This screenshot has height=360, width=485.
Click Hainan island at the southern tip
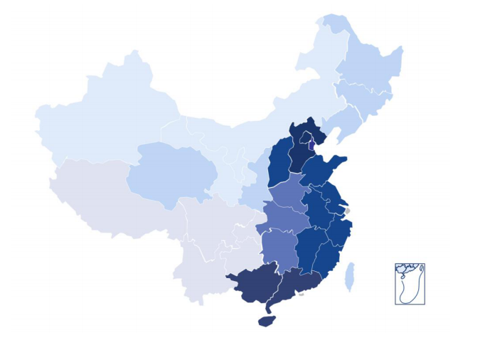(x=267, y=322)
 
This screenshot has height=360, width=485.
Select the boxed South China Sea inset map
(x=410, y=283)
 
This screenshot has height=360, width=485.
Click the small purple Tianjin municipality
(x=311, y=145)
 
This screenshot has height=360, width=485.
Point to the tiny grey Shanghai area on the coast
(x=347, y=211)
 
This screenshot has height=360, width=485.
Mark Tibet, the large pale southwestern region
(x=107, y=199)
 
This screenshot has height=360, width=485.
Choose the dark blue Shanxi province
(x=279, y=164)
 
